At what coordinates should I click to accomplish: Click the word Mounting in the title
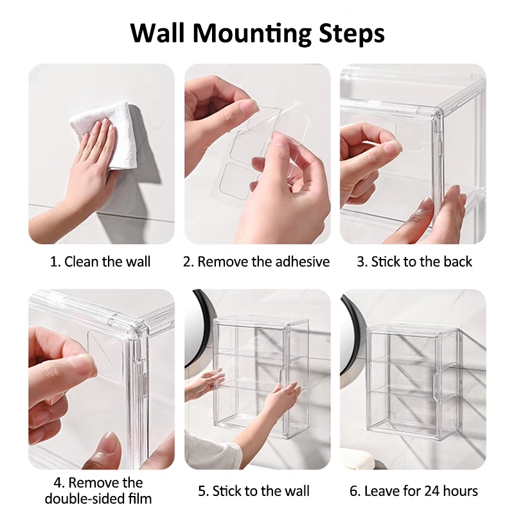[x=251, y=33]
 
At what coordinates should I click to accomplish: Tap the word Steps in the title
[x=351, y=33]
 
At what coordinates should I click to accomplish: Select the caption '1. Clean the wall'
[x=100, y=261]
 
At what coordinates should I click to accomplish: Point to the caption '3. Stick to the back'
[x=414, y=261]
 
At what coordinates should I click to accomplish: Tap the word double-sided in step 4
[x=82, y=499]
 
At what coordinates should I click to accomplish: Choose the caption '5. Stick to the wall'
[x=254, y=491]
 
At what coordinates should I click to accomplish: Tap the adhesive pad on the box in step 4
[x=105, y=356]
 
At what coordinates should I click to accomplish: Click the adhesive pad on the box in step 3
[x=410, y=137]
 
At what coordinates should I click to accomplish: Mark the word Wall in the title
[x=157, y=33]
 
